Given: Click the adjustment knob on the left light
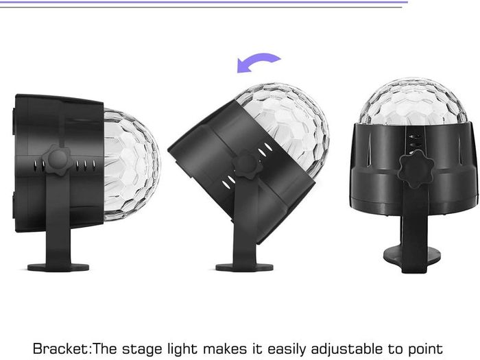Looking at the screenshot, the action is click(58, 160).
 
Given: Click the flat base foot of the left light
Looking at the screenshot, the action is click(58, 267).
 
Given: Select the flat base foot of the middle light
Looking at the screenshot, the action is click(244, 267).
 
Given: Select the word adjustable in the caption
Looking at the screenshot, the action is click(346, 349).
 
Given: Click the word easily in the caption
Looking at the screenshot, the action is click(287, 349).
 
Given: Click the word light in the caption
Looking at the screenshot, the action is click(182, 349).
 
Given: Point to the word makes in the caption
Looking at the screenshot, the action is click(225, 348).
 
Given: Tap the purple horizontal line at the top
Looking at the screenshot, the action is click(204, 2).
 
